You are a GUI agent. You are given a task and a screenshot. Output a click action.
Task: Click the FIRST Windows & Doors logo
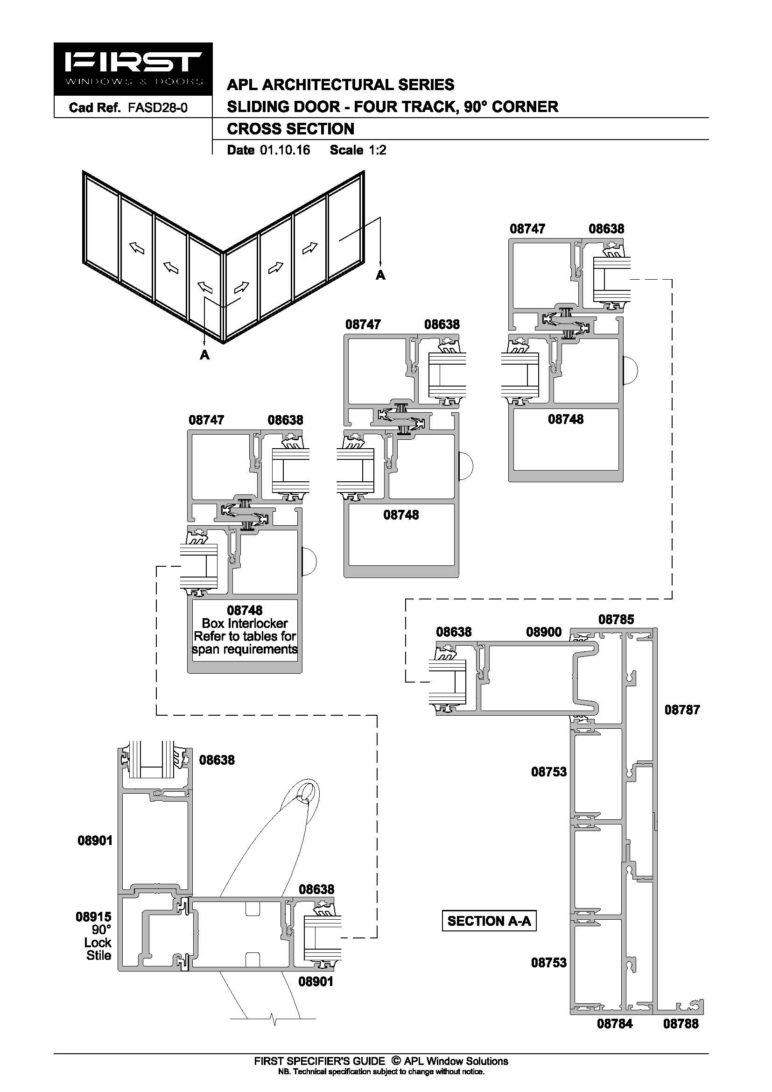pos(133,69)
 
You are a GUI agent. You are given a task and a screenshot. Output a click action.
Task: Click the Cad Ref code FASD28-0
pos(157,107)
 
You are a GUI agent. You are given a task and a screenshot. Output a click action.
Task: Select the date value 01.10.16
pos(285,150)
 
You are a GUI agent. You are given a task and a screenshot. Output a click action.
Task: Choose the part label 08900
pos(543,632)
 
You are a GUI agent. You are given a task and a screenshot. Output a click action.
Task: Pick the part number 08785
pos(616,619)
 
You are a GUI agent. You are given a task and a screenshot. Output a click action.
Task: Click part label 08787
pos(682,723)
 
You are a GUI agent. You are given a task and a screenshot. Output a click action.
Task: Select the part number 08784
pos(615,1023)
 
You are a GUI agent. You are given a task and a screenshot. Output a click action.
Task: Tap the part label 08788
pos(681,1023)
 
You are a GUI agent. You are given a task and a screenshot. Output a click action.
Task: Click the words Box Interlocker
pos(245,623)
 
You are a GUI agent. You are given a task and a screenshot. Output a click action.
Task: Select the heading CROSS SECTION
pos(290,129)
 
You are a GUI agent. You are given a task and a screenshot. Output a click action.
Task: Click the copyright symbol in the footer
pos(395,1061)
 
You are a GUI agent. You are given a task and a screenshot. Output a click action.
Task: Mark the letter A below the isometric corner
pos(204,355)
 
